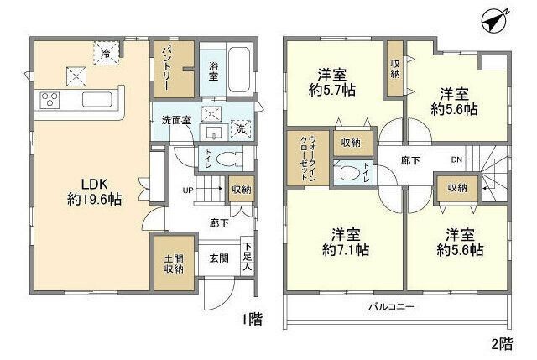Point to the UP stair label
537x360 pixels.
(x=188, y=190)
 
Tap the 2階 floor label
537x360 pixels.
(x=501, y=343)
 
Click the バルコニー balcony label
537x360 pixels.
(x=392, y=307)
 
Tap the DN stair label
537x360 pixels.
(x=456, y=160)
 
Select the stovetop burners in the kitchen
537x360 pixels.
(x=48, y=101)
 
